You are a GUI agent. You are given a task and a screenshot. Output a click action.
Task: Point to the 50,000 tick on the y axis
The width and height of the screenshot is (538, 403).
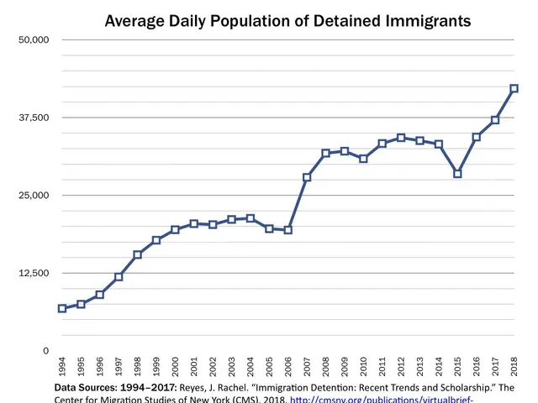[34, 40]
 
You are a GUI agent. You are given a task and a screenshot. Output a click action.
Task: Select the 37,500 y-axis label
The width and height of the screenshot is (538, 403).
[34, 118]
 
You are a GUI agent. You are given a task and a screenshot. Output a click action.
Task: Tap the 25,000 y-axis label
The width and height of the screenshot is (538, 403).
[34, 196]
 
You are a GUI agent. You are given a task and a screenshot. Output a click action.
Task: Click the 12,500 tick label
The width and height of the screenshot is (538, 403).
[34, 273]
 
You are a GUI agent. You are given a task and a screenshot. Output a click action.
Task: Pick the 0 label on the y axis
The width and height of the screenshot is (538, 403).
[46, 350]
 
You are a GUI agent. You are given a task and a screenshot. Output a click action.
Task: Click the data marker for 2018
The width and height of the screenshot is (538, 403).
[514, 88]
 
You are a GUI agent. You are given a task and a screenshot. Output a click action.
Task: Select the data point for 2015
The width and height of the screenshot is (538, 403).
[457, 174]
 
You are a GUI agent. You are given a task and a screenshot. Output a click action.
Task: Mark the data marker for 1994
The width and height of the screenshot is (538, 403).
[62, 308]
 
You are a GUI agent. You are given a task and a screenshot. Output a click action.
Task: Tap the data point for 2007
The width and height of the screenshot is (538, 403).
[307, 177]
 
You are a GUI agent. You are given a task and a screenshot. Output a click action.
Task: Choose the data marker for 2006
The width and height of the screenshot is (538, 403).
[288, 230]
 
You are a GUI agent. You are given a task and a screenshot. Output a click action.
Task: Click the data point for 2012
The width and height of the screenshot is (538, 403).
[401, 138]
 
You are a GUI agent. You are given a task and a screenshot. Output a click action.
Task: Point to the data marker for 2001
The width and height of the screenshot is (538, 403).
[194, 223]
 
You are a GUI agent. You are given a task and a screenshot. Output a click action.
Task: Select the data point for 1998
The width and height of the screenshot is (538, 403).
[138, 254]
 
